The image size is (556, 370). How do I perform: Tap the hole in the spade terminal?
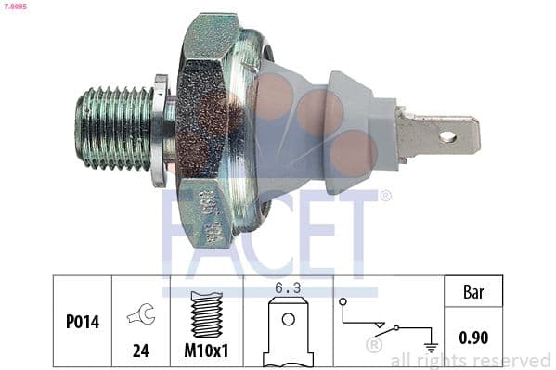click(x=447, y=137)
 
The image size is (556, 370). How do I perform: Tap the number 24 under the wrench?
click(x=141, y=351)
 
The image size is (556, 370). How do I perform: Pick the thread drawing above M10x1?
click(x=207, y=313)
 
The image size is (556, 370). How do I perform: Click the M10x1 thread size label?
click(x=207, y=351)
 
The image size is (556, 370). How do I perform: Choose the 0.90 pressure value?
click(x=474, y=339)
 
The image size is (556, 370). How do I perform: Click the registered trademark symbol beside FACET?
click(x=385, y=196)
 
